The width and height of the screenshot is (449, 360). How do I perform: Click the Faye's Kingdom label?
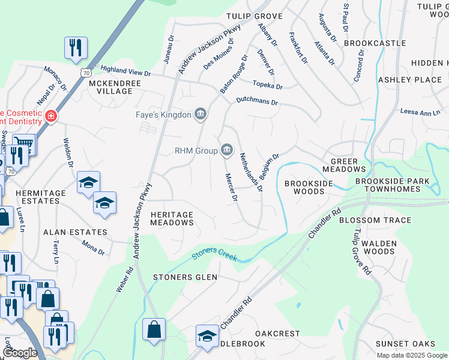tap(161, 114)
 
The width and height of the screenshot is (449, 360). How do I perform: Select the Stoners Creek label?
tap(214, 256)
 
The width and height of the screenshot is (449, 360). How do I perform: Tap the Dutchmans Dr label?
tap(257, 101)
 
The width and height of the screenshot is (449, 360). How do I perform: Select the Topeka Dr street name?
tap(267, 85)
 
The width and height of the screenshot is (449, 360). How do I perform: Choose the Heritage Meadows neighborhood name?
tap(172, 218)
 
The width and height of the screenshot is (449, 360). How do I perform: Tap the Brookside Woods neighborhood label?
tap(304, 187)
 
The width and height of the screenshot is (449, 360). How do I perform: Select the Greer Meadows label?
tap(348, 166)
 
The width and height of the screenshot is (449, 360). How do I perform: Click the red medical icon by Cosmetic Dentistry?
tap(52, 115)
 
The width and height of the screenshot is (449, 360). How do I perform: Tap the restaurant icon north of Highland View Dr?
tap(76, 47)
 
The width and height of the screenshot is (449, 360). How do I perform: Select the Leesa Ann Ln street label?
tap(420, 112)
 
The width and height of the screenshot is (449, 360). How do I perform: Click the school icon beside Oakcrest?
tap(207, 336)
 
